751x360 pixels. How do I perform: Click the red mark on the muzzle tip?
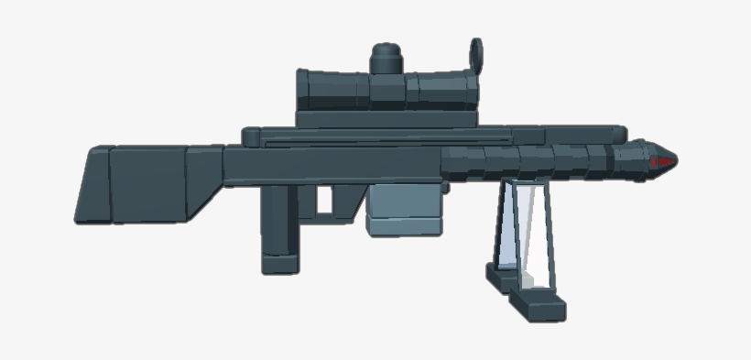point(663,162)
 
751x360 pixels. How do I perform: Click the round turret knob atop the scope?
point(388,60)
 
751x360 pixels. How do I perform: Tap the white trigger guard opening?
point(324,199)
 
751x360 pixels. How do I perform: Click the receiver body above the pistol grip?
point(302,166)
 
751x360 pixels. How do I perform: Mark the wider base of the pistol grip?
point(280,263)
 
